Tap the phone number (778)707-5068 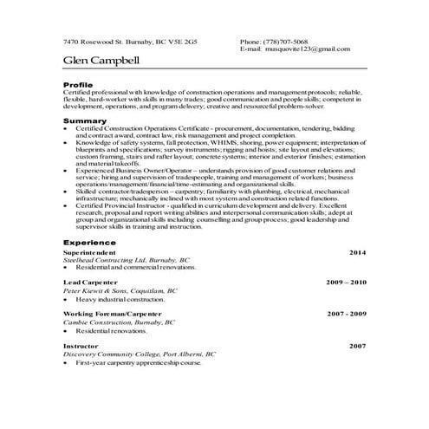(x=286, y=42)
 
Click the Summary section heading (x=85, y=120)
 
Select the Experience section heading (x=90, y=244)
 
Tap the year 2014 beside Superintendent (x=357, y=252)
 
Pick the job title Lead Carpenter (x=88, y=283)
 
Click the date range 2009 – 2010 (x=346, y=283)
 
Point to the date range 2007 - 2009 (x=347, y=313)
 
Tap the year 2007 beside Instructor (x=357, y=345)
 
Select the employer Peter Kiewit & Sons (x=99, y=291)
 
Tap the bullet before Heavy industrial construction (x=67, y=300)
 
